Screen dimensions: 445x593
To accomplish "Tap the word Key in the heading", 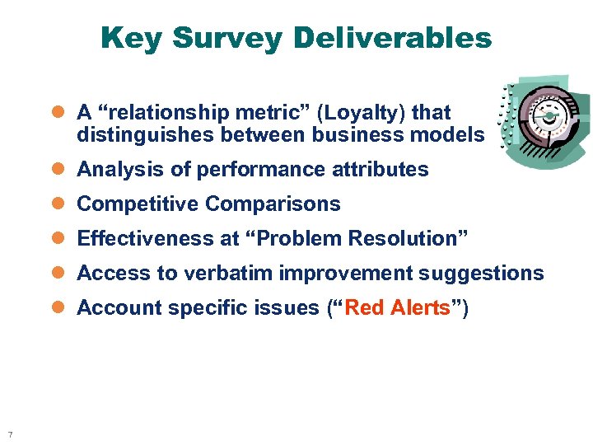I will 133,38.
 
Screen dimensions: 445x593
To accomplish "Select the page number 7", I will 9,434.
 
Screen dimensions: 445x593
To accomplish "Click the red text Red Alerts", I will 398,308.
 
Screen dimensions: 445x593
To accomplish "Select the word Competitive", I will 138,204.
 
